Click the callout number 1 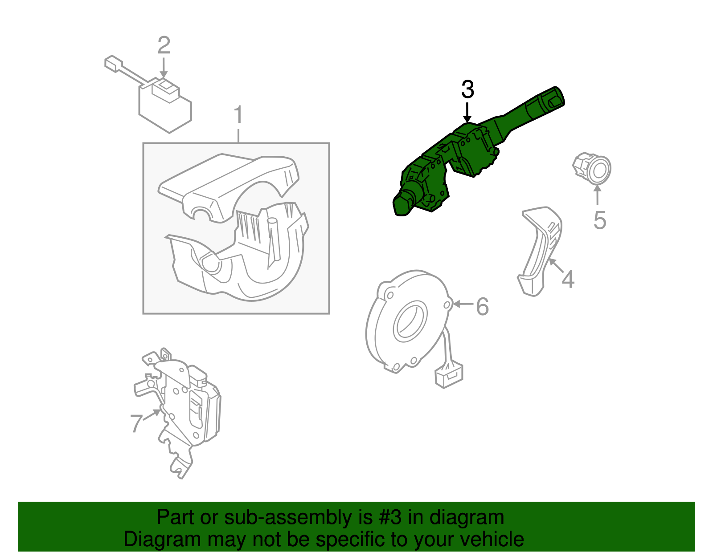click(238, 115)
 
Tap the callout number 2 click(164, 45)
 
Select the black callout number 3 click(467, 89)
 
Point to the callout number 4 click(568, 280)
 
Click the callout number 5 click(600, 220)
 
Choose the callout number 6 click(482, 307)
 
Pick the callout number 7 click(136, 424)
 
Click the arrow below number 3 click(467, 113)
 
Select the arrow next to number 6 click(463, 304)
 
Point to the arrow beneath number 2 click(164, 68)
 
